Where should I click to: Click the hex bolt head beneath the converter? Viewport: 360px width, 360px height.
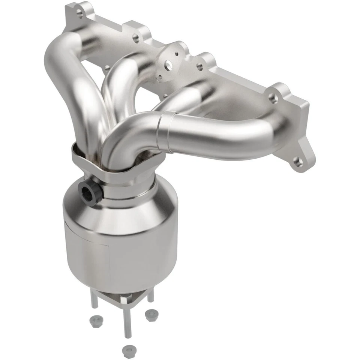click(x=125, y=300)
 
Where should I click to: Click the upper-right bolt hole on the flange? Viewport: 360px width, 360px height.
click(x=273, y=99)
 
